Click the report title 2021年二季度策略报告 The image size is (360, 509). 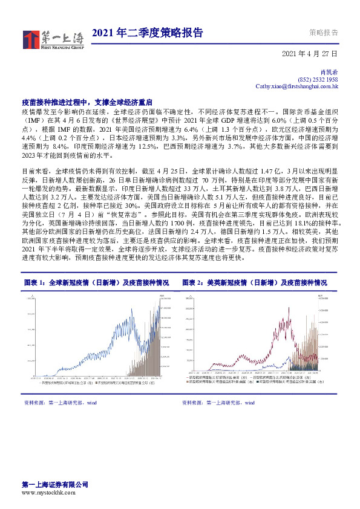pos(147,33)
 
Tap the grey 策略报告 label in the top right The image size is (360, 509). pos(323,33)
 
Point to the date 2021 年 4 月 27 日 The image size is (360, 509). pos(310,54)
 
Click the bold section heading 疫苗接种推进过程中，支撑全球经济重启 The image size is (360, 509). pos(86,103)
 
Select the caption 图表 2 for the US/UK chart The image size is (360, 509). pos(263,282)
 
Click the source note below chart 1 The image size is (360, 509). pos(61,402)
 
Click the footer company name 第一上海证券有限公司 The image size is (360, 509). pos(55,485)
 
